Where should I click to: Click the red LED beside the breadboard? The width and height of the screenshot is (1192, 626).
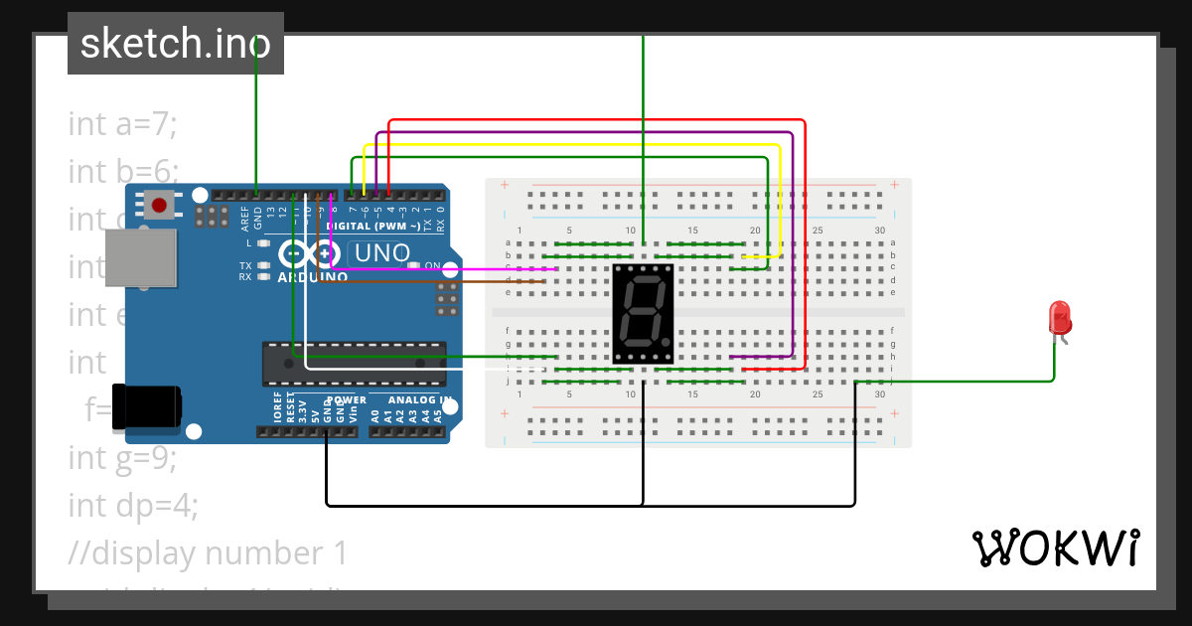[x=1060, y=319]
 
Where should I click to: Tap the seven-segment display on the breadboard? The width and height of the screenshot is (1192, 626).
[x=643, y=313]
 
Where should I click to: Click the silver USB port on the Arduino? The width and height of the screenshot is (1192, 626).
[x=139, y=259]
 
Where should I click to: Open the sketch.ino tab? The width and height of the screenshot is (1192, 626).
[x=175, y=44]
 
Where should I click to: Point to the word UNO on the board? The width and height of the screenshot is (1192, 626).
[x=382, y=253]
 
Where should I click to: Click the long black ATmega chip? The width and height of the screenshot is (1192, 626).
[x=354, y=363]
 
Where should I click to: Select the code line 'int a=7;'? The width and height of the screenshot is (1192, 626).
[x=122, y=124]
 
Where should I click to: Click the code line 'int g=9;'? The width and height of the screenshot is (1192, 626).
[x=122, y=458]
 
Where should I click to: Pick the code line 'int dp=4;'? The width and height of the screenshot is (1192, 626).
[x=133, y=506]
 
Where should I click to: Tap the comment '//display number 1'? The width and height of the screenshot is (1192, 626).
[x=208, y=553]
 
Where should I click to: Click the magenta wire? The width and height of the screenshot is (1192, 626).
[x=447, y=268]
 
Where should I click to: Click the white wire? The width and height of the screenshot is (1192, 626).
[x=397, y=368]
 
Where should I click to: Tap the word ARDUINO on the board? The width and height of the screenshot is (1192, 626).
[x=313, y=277]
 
